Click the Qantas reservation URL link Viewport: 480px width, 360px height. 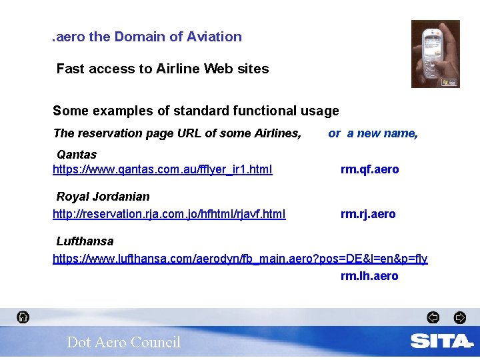pos(162,169)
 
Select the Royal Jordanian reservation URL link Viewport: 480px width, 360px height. pos(169,214)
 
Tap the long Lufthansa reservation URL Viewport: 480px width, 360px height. pos(240,259)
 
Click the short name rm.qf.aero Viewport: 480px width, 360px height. pos(369,169)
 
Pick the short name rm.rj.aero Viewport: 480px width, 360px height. pos(368,214)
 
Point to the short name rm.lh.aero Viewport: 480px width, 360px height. pos(369,276)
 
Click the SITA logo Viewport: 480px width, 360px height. pos(441,341)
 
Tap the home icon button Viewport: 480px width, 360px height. pos(23,317)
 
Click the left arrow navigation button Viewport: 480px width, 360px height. pos(433,317)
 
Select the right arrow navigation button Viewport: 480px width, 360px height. pos(459,317)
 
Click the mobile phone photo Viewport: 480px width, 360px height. pos(435,54)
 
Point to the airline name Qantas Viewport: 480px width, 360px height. pos(77,155)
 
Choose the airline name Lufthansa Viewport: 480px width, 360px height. pos(85,241)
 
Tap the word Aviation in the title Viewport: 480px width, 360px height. pos(215,37)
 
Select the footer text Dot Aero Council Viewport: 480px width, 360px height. pos(123,343)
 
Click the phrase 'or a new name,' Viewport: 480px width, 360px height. pos(373,133)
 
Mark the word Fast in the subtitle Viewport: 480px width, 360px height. pos(70,69)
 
